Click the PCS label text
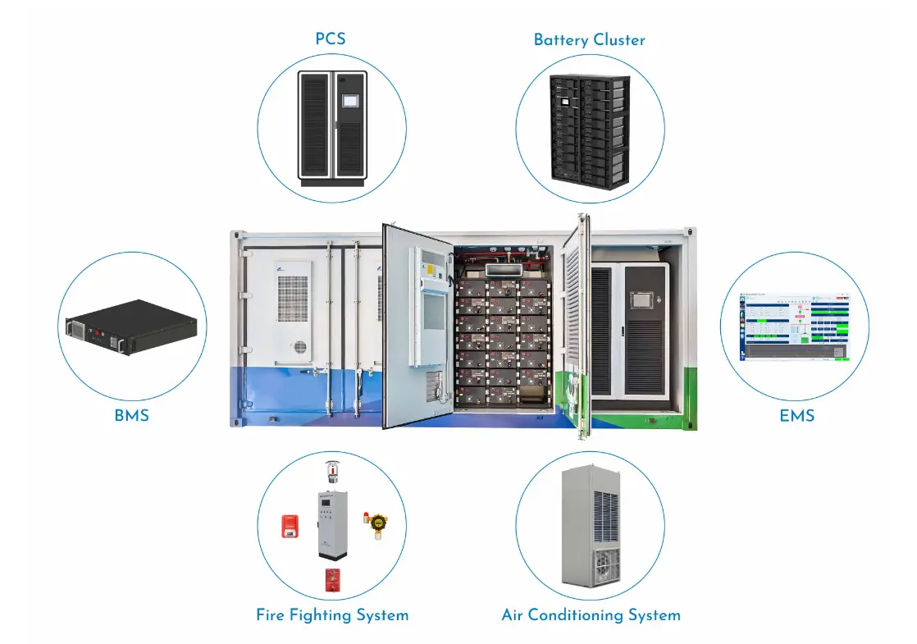[331, 39]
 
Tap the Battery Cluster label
[589, 39]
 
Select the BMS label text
[131, 415]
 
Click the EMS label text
[796, 415]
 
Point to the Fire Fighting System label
[331, 614]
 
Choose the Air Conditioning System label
[591, 614]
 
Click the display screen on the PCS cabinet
[350, 98]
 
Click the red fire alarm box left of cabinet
[289, 525]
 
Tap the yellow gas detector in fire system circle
[376, 525]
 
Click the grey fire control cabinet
[332, 525]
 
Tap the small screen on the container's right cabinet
[640, 299]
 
